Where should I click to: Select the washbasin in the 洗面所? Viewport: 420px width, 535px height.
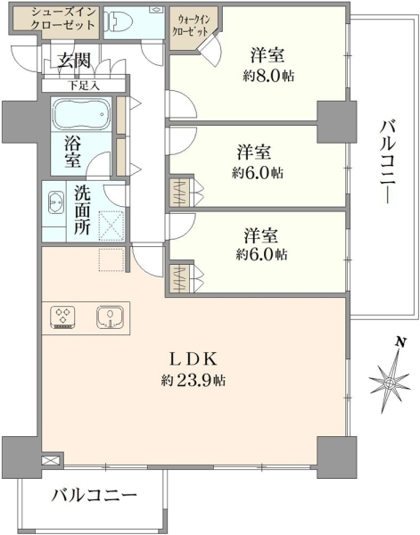tap(56, 202)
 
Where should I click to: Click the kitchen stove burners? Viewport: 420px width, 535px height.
tap(62, 317)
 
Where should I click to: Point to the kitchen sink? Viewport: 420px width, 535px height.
tap(110, 317)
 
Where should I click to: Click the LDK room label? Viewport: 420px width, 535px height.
tap(194, 359)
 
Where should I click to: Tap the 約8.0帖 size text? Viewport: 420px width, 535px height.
tap(268, 76)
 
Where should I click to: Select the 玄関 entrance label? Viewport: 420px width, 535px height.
tap(74, 61)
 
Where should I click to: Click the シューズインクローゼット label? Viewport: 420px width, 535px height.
tap(62, 19)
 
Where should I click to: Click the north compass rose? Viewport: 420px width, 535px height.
tap(390, 383)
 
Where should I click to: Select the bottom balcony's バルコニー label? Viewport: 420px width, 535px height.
tap(95, 496)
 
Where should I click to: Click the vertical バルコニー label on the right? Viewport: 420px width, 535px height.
tap(388, 162)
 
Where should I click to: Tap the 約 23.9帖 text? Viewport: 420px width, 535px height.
tap(194, 380)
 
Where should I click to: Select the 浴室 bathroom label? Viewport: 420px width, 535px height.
tap(72, 152)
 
